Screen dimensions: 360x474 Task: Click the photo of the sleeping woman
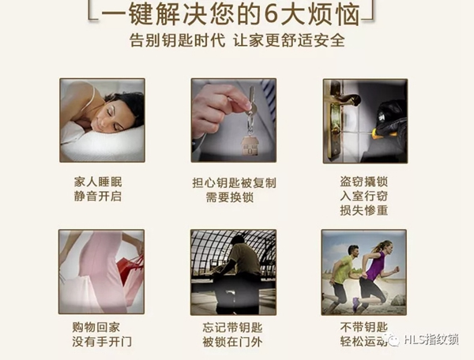point(102,119)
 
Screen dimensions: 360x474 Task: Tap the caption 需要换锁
point(233,197)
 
